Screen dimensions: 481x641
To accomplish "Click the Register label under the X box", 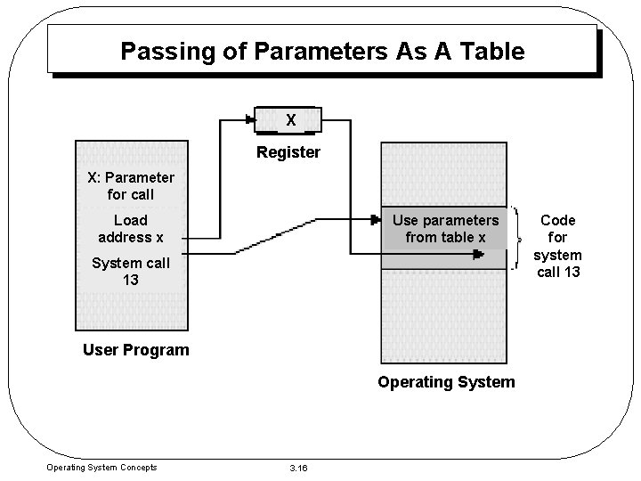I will coord(288,152).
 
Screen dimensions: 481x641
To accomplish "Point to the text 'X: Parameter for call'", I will coord(131,185).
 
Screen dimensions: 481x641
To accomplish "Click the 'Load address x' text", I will coord(131,228).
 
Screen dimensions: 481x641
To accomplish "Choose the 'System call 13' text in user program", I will coord(131,271).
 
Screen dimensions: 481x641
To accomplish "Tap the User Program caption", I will coord(135,349).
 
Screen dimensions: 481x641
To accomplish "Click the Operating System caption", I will coord(446,382).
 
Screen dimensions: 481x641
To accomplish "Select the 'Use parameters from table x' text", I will coord(445,228).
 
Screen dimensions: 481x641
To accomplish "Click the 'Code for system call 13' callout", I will coord(558,245).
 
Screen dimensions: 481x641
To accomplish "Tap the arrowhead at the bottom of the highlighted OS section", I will coord(477,254).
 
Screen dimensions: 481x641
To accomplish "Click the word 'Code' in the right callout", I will coord(558,220).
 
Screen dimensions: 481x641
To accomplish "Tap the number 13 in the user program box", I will coord(131,280).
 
